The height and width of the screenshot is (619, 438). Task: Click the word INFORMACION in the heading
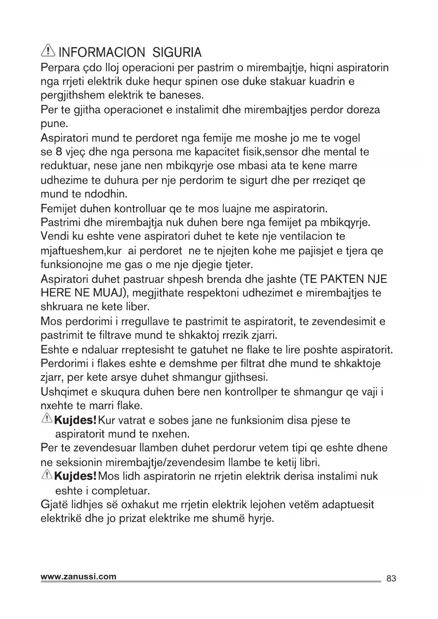pos(102,53)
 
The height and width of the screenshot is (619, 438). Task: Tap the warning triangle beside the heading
pos(48,52)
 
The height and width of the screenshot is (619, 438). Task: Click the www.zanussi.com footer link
pos(78,577)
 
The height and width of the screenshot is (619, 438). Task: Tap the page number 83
pos(391,578)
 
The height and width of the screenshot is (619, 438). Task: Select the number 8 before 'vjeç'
pos(59,152)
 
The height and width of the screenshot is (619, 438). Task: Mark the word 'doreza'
pos(364,110)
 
